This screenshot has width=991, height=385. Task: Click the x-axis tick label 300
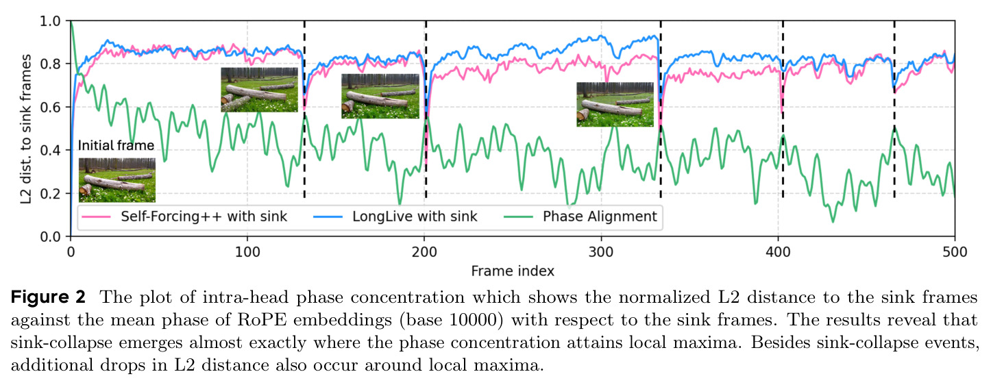[x=601, y=252]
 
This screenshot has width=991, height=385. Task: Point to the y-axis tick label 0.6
[x=50, y=108]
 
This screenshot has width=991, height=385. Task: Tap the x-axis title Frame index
[x=513, y=271]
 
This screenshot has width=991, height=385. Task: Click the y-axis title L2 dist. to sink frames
[x=26, y=129]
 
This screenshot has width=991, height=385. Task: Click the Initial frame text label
[x=116, y=145]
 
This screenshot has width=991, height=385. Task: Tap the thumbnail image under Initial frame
[x=117, y=180]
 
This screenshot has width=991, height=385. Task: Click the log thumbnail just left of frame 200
[x=380, y=97]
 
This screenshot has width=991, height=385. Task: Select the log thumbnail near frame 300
[x=615, y=105]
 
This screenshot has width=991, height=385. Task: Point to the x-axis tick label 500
[x=955, y=252]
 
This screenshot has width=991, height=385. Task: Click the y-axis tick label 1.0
[x=50, y=21]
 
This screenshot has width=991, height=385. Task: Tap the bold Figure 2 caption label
[x=48, y=297]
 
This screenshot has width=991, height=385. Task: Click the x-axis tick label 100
[x=247, y=252]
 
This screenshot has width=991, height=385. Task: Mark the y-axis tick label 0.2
[x=50, y=194]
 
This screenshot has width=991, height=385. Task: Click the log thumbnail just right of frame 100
[x=259, y=90]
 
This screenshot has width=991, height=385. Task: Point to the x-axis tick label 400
[x=778, y=252]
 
